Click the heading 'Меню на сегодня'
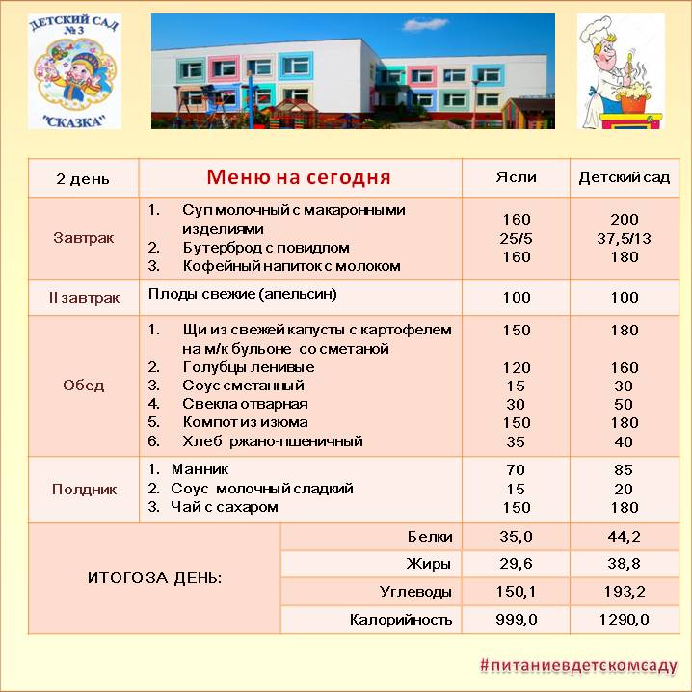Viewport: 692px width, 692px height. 299,177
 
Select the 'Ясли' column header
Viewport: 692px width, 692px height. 516,177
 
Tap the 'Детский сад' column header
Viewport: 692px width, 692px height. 625,177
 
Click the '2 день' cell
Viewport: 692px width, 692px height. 83,179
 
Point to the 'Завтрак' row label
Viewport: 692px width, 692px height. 83,238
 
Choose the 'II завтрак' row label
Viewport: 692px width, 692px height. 83,298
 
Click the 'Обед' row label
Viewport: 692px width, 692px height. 83,386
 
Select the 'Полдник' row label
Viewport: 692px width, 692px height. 83,489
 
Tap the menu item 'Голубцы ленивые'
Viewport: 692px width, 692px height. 248,367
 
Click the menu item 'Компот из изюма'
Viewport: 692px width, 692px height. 245,422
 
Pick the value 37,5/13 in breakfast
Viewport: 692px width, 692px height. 625,238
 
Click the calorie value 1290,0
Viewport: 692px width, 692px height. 625,620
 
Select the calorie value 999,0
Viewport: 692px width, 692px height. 516,620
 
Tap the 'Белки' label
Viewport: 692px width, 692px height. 430,537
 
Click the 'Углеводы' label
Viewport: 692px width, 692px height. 416,592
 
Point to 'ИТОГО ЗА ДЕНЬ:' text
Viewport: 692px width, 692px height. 154,578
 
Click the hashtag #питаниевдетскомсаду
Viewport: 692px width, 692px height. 579,666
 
